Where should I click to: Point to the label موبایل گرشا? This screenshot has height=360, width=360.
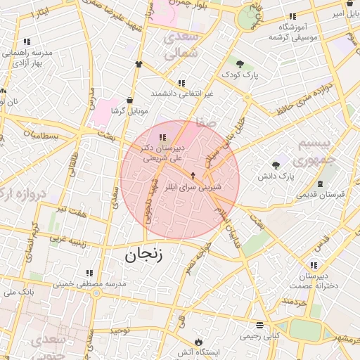129,110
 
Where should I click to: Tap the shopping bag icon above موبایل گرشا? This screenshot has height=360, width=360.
129,100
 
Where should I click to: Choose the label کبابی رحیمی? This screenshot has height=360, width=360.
260,335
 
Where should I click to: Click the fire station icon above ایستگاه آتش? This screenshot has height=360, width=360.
199,340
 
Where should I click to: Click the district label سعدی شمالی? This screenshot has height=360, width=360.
181,44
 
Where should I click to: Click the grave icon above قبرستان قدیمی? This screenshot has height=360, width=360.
321,184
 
